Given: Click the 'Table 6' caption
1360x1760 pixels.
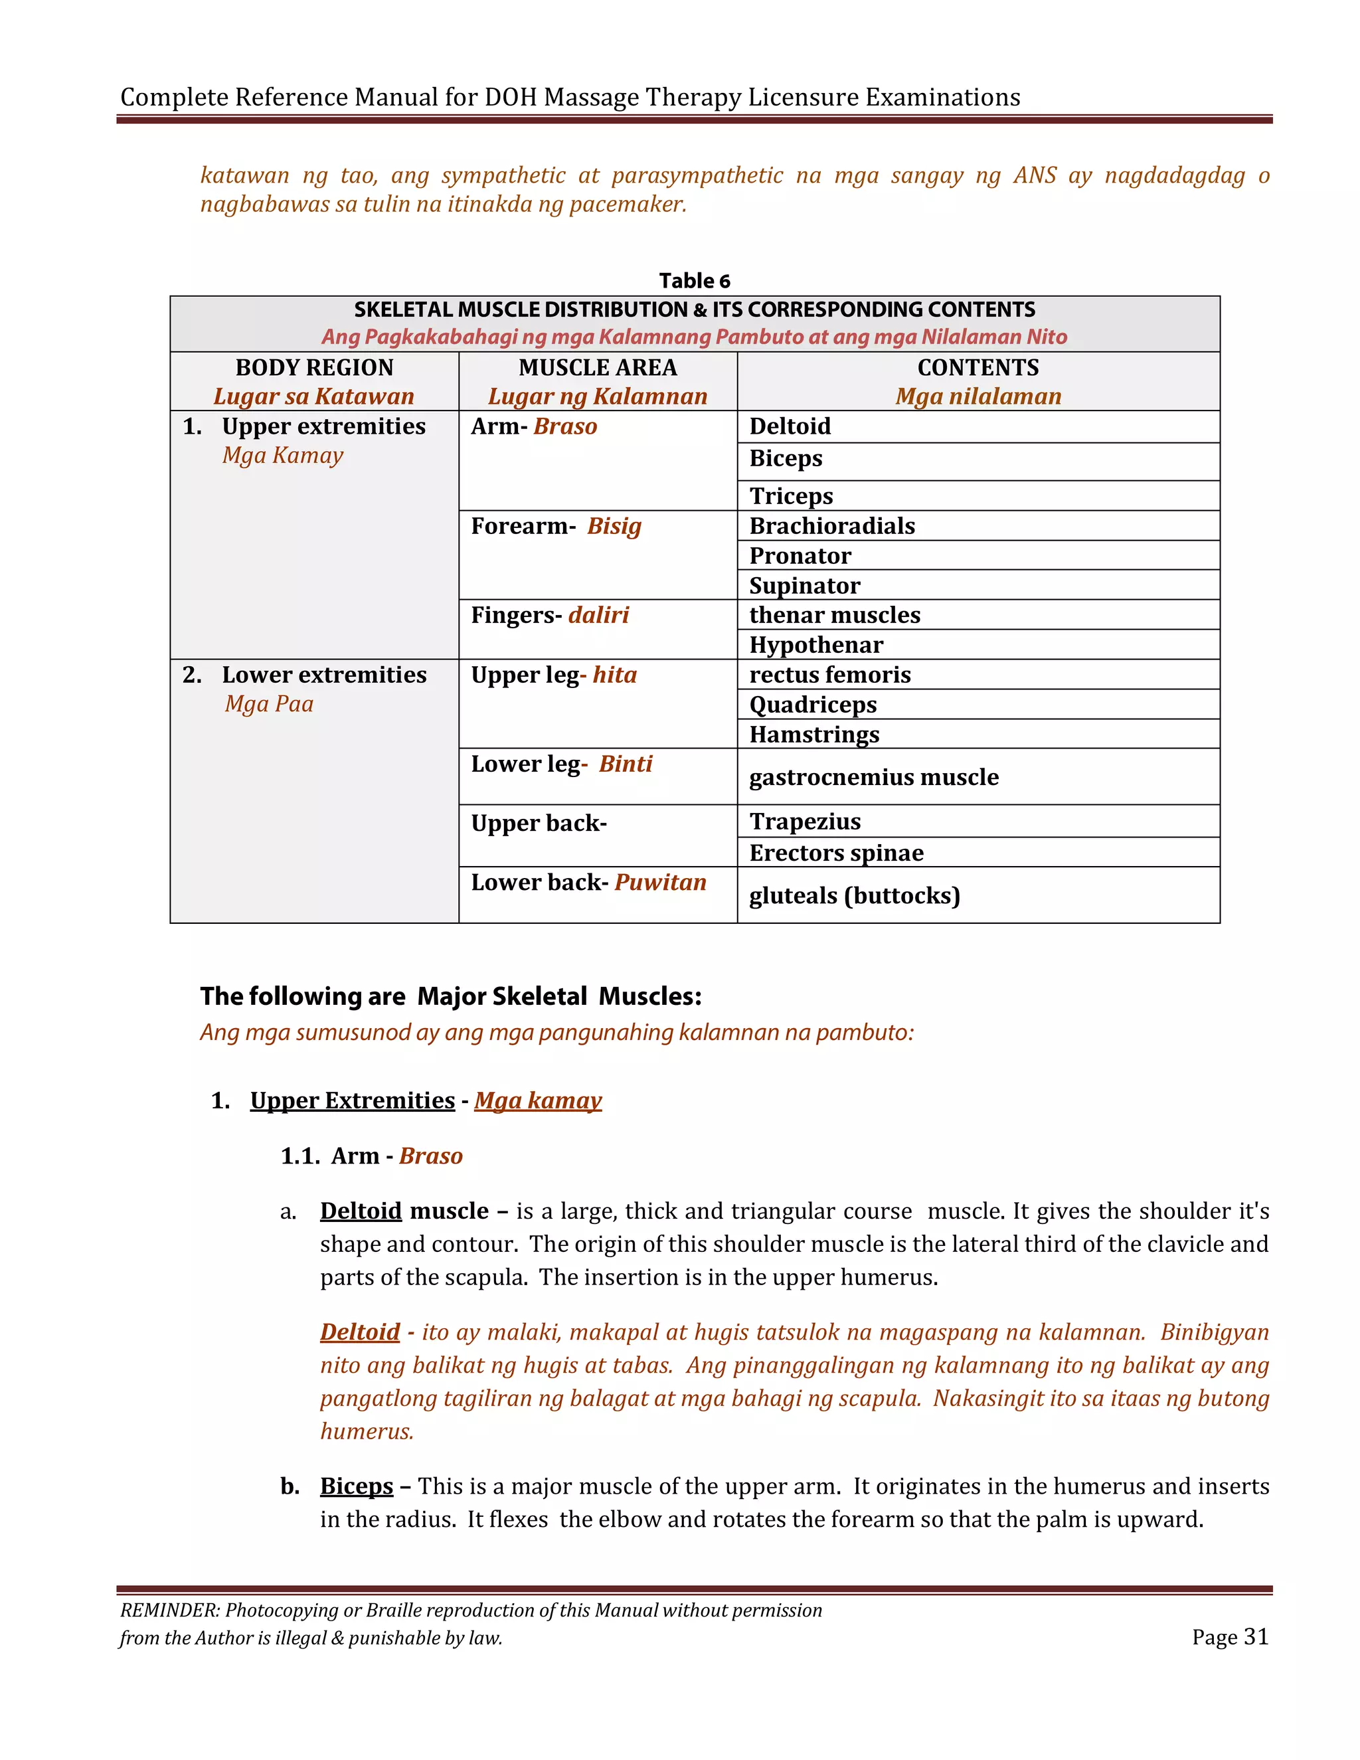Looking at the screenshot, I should (694, 280).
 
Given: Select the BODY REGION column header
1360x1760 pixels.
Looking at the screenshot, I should (314, 367).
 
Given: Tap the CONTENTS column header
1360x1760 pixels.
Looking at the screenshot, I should (977, 367).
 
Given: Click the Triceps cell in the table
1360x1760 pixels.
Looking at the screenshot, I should (790, 495).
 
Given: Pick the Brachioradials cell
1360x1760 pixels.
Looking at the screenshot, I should (831, 525).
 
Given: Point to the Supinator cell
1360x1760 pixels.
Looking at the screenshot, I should (804, 585).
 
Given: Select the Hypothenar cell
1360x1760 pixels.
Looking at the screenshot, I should (815, 645).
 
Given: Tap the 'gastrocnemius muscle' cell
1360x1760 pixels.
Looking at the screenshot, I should (873, 777).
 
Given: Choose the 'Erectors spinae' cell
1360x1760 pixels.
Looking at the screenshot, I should (835, 853).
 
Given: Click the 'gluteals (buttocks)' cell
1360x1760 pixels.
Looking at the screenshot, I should (854, 895).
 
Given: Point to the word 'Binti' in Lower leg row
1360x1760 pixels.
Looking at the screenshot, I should (625, 763).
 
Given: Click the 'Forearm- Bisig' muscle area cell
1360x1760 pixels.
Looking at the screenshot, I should (556, 526).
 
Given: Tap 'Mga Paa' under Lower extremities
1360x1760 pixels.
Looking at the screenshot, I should (269, 703).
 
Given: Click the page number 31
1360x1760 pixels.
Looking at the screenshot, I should (1255, 1636).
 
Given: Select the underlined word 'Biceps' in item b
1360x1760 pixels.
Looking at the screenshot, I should (356, 1485).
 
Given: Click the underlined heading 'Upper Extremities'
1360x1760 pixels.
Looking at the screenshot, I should (352, 1100).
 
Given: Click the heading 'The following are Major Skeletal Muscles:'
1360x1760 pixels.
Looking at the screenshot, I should (450, 996).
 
